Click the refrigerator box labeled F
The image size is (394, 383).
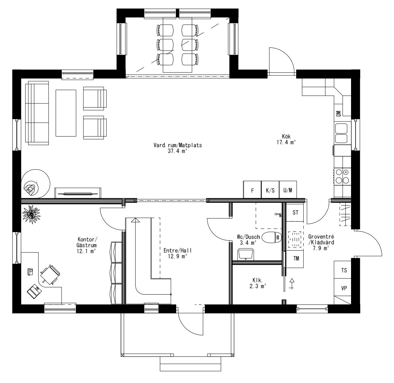252,190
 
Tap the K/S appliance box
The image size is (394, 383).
270,190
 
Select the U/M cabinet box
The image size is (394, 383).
288,190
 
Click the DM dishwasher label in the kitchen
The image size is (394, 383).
338,114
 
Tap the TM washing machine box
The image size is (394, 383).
295,258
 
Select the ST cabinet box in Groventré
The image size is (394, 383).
295,213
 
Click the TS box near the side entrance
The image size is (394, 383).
344,270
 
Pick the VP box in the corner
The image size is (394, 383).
344,288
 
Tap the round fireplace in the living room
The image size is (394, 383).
35,184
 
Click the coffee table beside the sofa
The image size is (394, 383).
66,113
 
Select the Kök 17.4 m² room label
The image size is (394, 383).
286,140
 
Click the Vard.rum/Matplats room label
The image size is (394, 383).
178,148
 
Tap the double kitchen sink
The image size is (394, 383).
341,133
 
